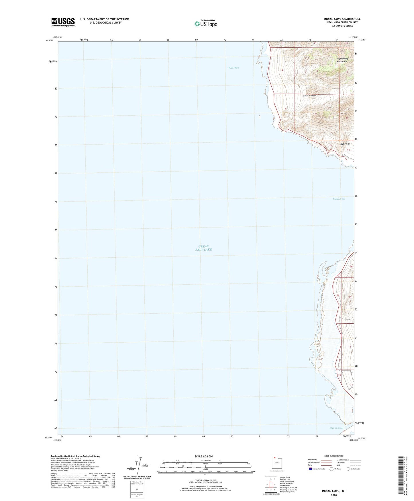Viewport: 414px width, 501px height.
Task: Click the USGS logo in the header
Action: coord(63,22)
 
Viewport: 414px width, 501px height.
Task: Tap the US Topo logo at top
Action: coord(206,23)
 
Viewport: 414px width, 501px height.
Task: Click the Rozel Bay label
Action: coord(234,68)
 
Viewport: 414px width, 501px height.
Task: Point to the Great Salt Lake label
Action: coord(203,248)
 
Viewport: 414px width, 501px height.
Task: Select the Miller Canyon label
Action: coord(309,96)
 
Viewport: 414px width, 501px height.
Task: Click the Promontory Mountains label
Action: coord(342,60)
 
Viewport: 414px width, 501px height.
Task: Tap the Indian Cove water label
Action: coord(339,199)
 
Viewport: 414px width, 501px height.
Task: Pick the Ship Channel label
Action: coord(336,428)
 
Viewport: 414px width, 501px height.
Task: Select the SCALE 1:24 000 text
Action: coord(203,456)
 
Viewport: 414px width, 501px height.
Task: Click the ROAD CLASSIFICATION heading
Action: coord(334,456)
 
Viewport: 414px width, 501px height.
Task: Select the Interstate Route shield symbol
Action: coord(311,469)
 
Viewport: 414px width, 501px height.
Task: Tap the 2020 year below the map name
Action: coord(334,495)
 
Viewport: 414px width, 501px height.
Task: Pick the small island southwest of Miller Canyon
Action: coord(260,116)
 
